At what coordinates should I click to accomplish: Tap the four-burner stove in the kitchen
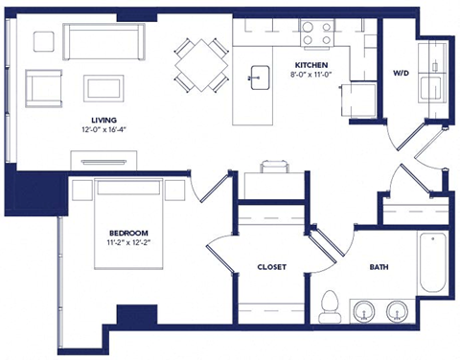315,34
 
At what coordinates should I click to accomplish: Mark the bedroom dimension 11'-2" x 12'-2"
127,244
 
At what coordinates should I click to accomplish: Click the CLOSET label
272,267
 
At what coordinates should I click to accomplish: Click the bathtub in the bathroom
432,264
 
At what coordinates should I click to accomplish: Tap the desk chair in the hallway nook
273,165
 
